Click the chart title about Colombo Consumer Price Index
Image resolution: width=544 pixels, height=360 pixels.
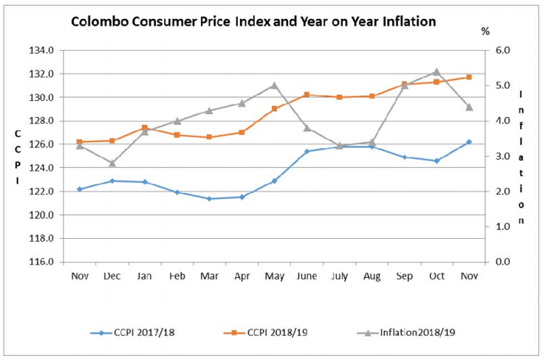coord(253,22)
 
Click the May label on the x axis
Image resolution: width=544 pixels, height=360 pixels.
coord(274,276)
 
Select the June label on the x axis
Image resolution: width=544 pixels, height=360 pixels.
coord(307,276)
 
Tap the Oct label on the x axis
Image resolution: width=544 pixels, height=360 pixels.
coord(437,276)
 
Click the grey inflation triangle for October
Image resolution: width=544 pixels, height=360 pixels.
coord(437,71)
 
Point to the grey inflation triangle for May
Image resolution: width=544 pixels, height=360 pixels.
coord(274,85)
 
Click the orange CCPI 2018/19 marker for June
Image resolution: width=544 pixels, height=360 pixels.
coord(307,94)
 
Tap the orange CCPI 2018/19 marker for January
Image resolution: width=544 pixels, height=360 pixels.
coord(144,128)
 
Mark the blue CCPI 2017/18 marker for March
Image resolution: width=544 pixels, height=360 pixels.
coord(210,199)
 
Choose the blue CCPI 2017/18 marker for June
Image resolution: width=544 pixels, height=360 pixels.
coord(307,151)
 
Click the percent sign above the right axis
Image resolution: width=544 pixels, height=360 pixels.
coord(485,31)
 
